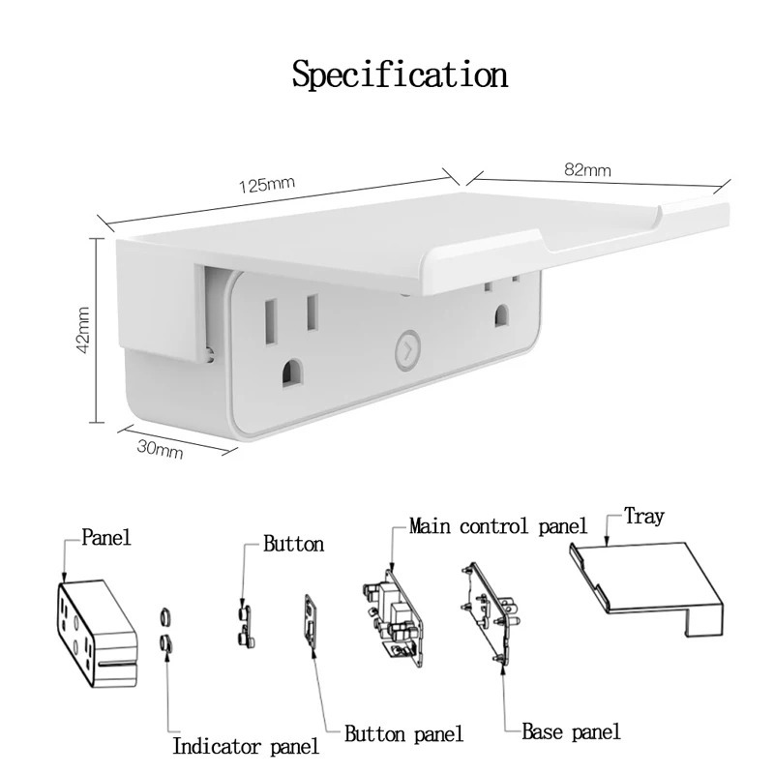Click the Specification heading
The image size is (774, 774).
400,75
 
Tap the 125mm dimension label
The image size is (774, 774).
267,185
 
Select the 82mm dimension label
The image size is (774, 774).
587,170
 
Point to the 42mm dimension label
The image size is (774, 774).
83,330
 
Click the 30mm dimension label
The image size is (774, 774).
160,449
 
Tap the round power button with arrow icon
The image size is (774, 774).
407,350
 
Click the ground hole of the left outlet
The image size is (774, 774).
292,373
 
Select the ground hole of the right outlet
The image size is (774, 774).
501,316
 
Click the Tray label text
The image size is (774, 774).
644,517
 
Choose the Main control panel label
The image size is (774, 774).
498,526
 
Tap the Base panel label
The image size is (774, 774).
571,732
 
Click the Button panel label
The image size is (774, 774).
403,734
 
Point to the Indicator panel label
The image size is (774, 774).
246,746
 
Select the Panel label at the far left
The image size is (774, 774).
106,537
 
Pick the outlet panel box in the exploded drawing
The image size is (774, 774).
96,633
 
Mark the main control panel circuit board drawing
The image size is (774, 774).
394,618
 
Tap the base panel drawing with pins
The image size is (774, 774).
491,613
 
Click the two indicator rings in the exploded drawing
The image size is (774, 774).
165,630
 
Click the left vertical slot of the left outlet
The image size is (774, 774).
271,322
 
